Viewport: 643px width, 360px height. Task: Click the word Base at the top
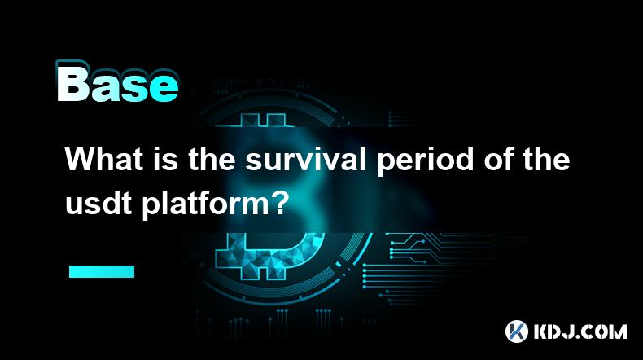click(x=118, y=82)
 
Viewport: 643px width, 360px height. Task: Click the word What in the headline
click(x=103, y=160)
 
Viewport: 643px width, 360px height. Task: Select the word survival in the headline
click(x=305, y=160)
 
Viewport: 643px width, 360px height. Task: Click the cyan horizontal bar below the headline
click(x=102, y=271)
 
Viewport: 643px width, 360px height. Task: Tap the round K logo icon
click(x=516, y=331)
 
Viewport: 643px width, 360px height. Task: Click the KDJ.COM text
click(x=580, y=331)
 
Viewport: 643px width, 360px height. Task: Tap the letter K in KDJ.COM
click(x=541, y=331)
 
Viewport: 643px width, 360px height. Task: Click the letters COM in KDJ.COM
click(x=605, y=331)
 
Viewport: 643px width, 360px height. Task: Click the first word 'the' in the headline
click(x=212, y=160)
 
